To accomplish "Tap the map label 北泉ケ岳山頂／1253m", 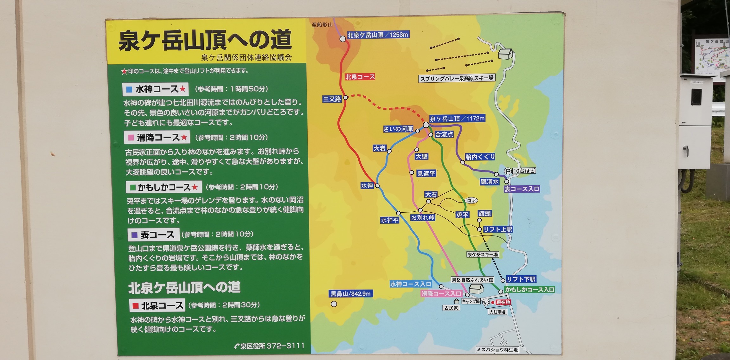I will click(x=378, y=35).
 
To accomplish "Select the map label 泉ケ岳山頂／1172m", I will click(x=457, y=119).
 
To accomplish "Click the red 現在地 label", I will click(x=503, y=302).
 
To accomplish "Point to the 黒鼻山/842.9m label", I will click(x=350, y=294).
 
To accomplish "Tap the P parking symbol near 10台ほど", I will click(x=508, y=171).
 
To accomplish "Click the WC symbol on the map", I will click(x=486, y=303).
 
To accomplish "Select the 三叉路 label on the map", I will click(x=332, y=99).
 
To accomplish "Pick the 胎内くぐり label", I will click(x=480, y=157).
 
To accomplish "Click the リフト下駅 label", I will click(x=521, y=279).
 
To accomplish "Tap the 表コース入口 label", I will click(x=522, y=189).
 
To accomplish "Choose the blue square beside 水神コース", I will click(x=129, y=90).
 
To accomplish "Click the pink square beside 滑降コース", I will click(x=131, y=138).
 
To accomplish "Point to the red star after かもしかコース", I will click(x=195, y=187).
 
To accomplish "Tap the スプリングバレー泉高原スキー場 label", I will click(x=457, y=78).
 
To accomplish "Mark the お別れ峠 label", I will click(x=423, y=218).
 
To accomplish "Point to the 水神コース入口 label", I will click(x=411, y=284).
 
